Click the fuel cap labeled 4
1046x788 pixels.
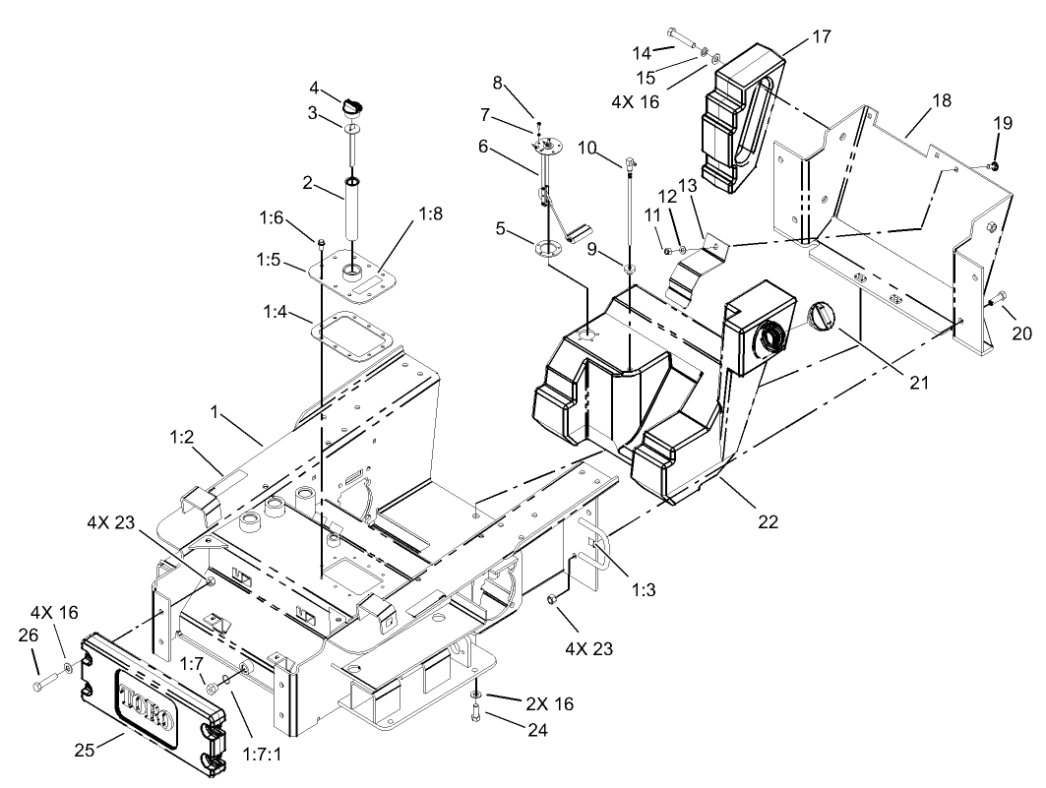click(x=355, y=103)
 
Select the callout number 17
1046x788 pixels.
click(x=821, y=36)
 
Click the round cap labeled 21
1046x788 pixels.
click(x=821, y=319)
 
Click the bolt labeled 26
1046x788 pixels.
click(x=41, y=682)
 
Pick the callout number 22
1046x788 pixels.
click(x=767, y=521)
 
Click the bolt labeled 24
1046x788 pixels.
click(x=476, y=716)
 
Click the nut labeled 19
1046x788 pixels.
click(x=995, y=166)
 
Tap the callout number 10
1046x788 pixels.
click(x=586, y=148)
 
